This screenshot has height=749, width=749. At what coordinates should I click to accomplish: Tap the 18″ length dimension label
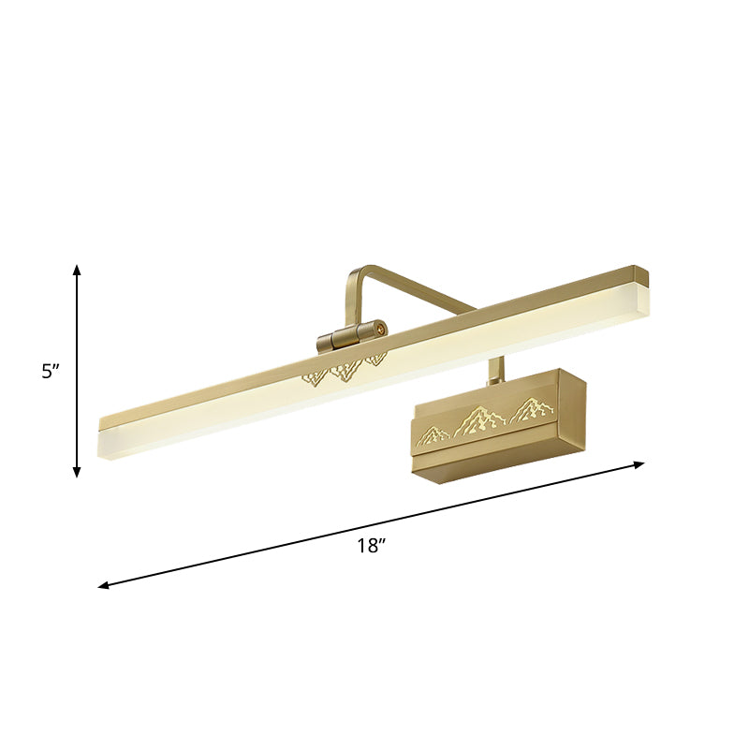click(372, 546)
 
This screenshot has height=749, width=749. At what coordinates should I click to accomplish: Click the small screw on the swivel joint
click(381, 328)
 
